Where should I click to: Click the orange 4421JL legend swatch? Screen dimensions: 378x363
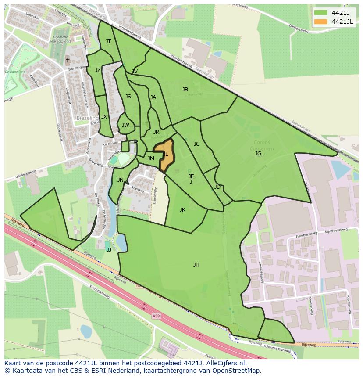click(x=320, y=22)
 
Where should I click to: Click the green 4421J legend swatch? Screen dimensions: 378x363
click(x=320, y=13)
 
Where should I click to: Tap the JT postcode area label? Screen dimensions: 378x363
click(x=108, y=41)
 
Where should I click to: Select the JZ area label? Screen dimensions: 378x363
click(x=98, y=70)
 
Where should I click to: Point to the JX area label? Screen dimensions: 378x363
click(x=104, y=117)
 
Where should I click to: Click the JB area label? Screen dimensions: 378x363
click(x=185, y=90)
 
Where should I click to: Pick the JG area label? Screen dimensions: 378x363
click(x=258, y=154)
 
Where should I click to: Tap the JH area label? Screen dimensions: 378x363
click(x=196, y=265)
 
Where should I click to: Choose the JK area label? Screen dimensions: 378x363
click(x=182, y=210)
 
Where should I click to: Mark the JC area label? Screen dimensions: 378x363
click(x=196, y=144)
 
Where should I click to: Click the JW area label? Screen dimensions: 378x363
click(x=125, y=125)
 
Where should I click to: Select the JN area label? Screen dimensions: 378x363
click(x=120, y=180)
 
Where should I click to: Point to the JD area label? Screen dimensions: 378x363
click(x=217, y=187)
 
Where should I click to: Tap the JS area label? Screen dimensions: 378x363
click(x=128, y=97)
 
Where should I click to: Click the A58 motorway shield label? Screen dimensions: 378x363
click(x=157, y=316)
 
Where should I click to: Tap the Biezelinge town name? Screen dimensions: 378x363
click(x=88, y=118)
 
